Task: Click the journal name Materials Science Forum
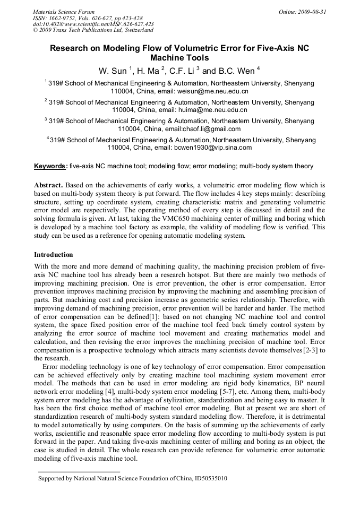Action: click(x=64, y=11)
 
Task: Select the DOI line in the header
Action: click(x=93, y=24)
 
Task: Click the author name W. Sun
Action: click(x=112, y=71)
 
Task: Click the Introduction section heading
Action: click(x=54, y=255)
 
